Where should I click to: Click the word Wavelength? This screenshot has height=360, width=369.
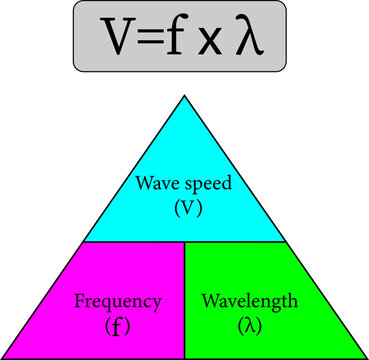(247, 300)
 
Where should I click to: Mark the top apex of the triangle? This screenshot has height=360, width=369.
(184, 96)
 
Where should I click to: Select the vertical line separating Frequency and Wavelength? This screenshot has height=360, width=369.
(185, 300)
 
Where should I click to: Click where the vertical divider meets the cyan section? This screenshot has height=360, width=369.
(185, 242)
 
